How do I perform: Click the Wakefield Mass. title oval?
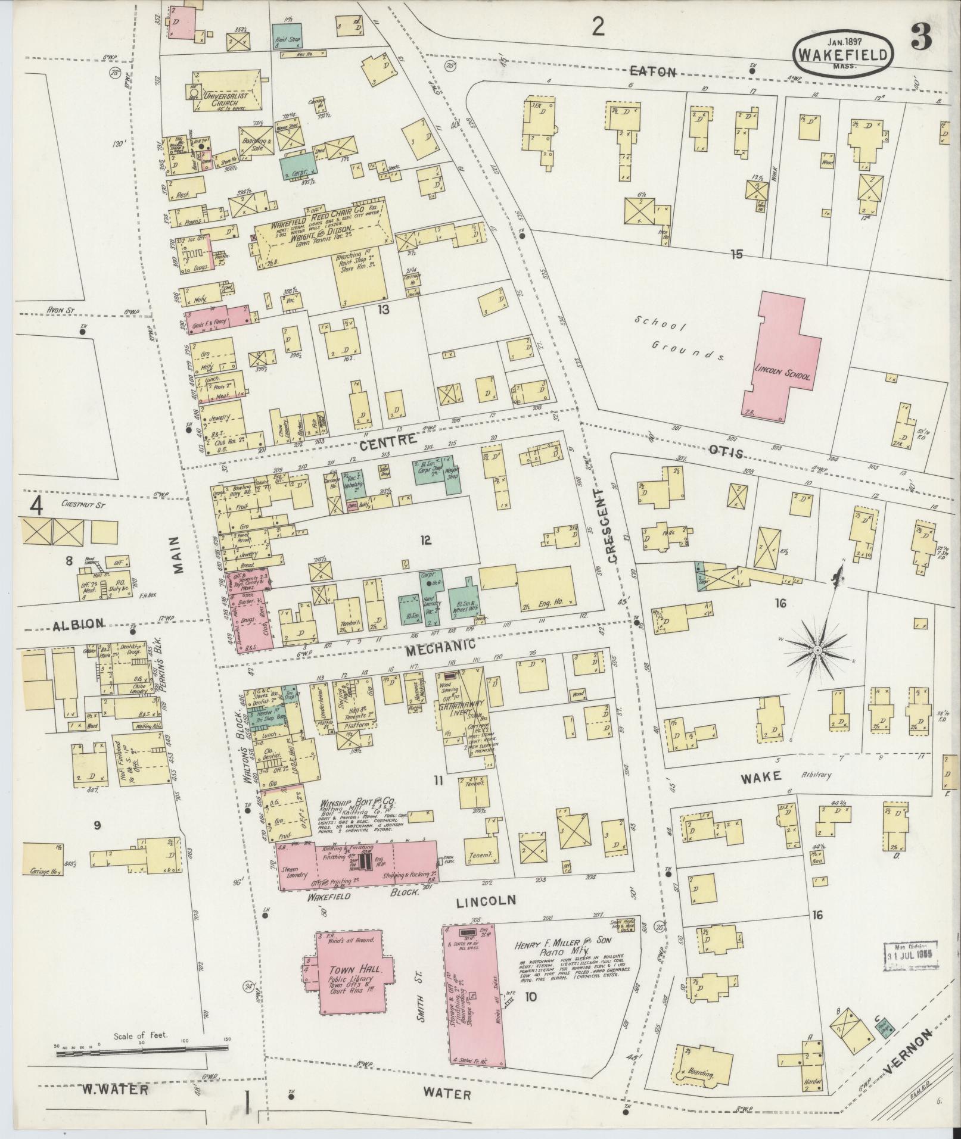[x=843, y=53]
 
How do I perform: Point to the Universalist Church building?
[x=226, y=92]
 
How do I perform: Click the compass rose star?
[x=817, y=649]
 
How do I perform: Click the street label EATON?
[x=654, y=72]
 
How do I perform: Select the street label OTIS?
[x=727, y=454]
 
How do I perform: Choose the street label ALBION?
[x=78, y=623]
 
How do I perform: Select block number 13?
[x=383, y=310]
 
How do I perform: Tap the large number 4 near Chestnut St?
[x=37, y=505]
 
